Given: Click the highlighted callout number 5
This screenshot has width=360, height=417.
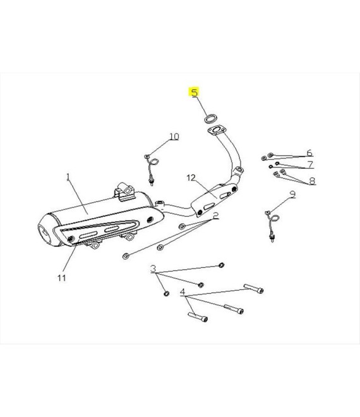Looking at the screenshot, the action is (195, 92).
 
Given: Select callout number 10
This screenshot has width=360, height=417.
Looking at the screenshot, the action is (174, 136).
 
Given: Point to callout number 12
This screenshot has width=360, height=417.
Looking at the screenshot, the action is (191, 178).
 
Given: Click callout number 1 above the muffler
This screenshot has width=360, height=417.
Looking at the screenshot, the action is (68, 177).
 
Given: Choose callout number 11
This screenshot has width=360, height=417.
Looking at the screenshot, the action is (62, 278).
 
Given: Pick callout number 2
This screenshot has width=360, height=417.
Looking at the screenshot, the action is (215, 215).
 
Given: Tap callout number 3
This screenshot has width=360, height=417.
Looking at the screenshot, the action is (153, 269).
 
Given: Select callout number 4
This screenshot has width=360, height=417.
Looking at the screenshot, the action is (183, 292).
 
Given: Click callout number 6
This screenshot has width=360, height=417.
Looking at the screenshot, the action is (309, 153).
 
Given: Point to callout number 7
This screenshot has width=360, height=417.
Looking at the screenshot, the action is (310, 164).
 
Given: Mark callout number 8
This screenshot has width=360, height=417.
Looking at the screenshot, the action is (312, 181).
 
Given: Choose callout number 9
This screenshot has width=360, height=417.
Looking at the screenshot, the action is (292, 195).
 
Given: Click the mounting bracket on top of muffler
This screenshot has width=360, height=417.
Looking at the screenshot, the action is (124, 192).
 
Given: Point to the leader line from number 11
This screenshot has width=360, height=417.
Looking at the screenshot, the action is (69, 258).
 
